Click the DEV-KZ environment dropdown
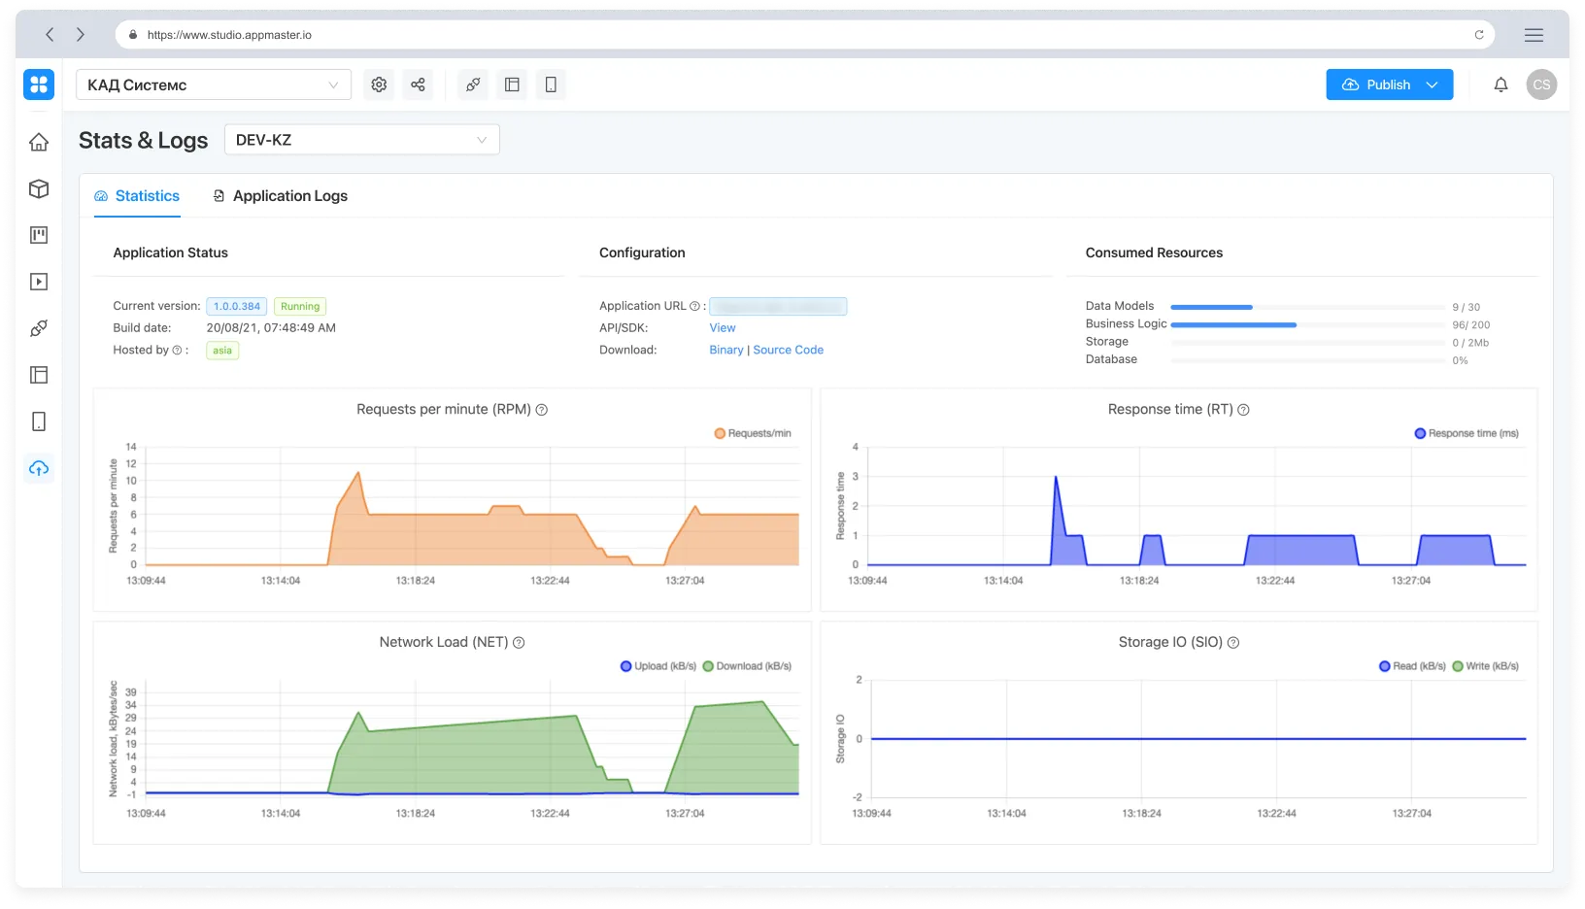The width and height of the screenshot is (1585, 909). (x=361, y=140)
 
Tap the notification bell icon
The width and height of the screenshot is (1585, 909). (x=1501, y=84)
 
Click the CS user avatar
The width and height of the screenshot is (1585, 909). (x=1541, y=84)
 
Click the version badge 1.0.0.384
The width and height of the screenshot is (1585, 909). (x=237, y=306)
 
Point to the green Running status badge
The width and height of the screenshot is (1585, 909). (x=300, y=306)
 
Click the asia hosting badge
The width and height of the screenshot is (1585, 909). (x=222, y=351)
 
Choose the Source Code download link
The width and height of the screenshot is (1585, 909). (x=788, y=350)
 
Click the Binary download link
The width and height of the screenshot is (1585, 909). (x=725, y=350)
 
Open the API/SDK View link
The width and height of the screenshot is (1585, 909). (x=723, y=328)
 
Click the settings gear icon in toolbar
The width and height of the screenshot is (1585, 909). (x=379, y=84)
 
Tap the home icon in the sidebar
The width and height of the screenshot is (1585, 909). (x=39, y=142)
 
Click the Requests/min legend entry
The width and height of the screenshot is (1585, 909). (x=754, y=433)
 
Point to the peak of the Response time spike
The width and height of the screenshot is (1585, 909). (x=1056, y=477)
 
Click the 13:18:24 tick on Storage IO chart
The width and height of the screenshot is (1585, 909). (x=1141, y=813)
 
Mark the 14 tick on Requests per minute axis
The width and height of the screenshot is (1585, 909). (x=131, y=448)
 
